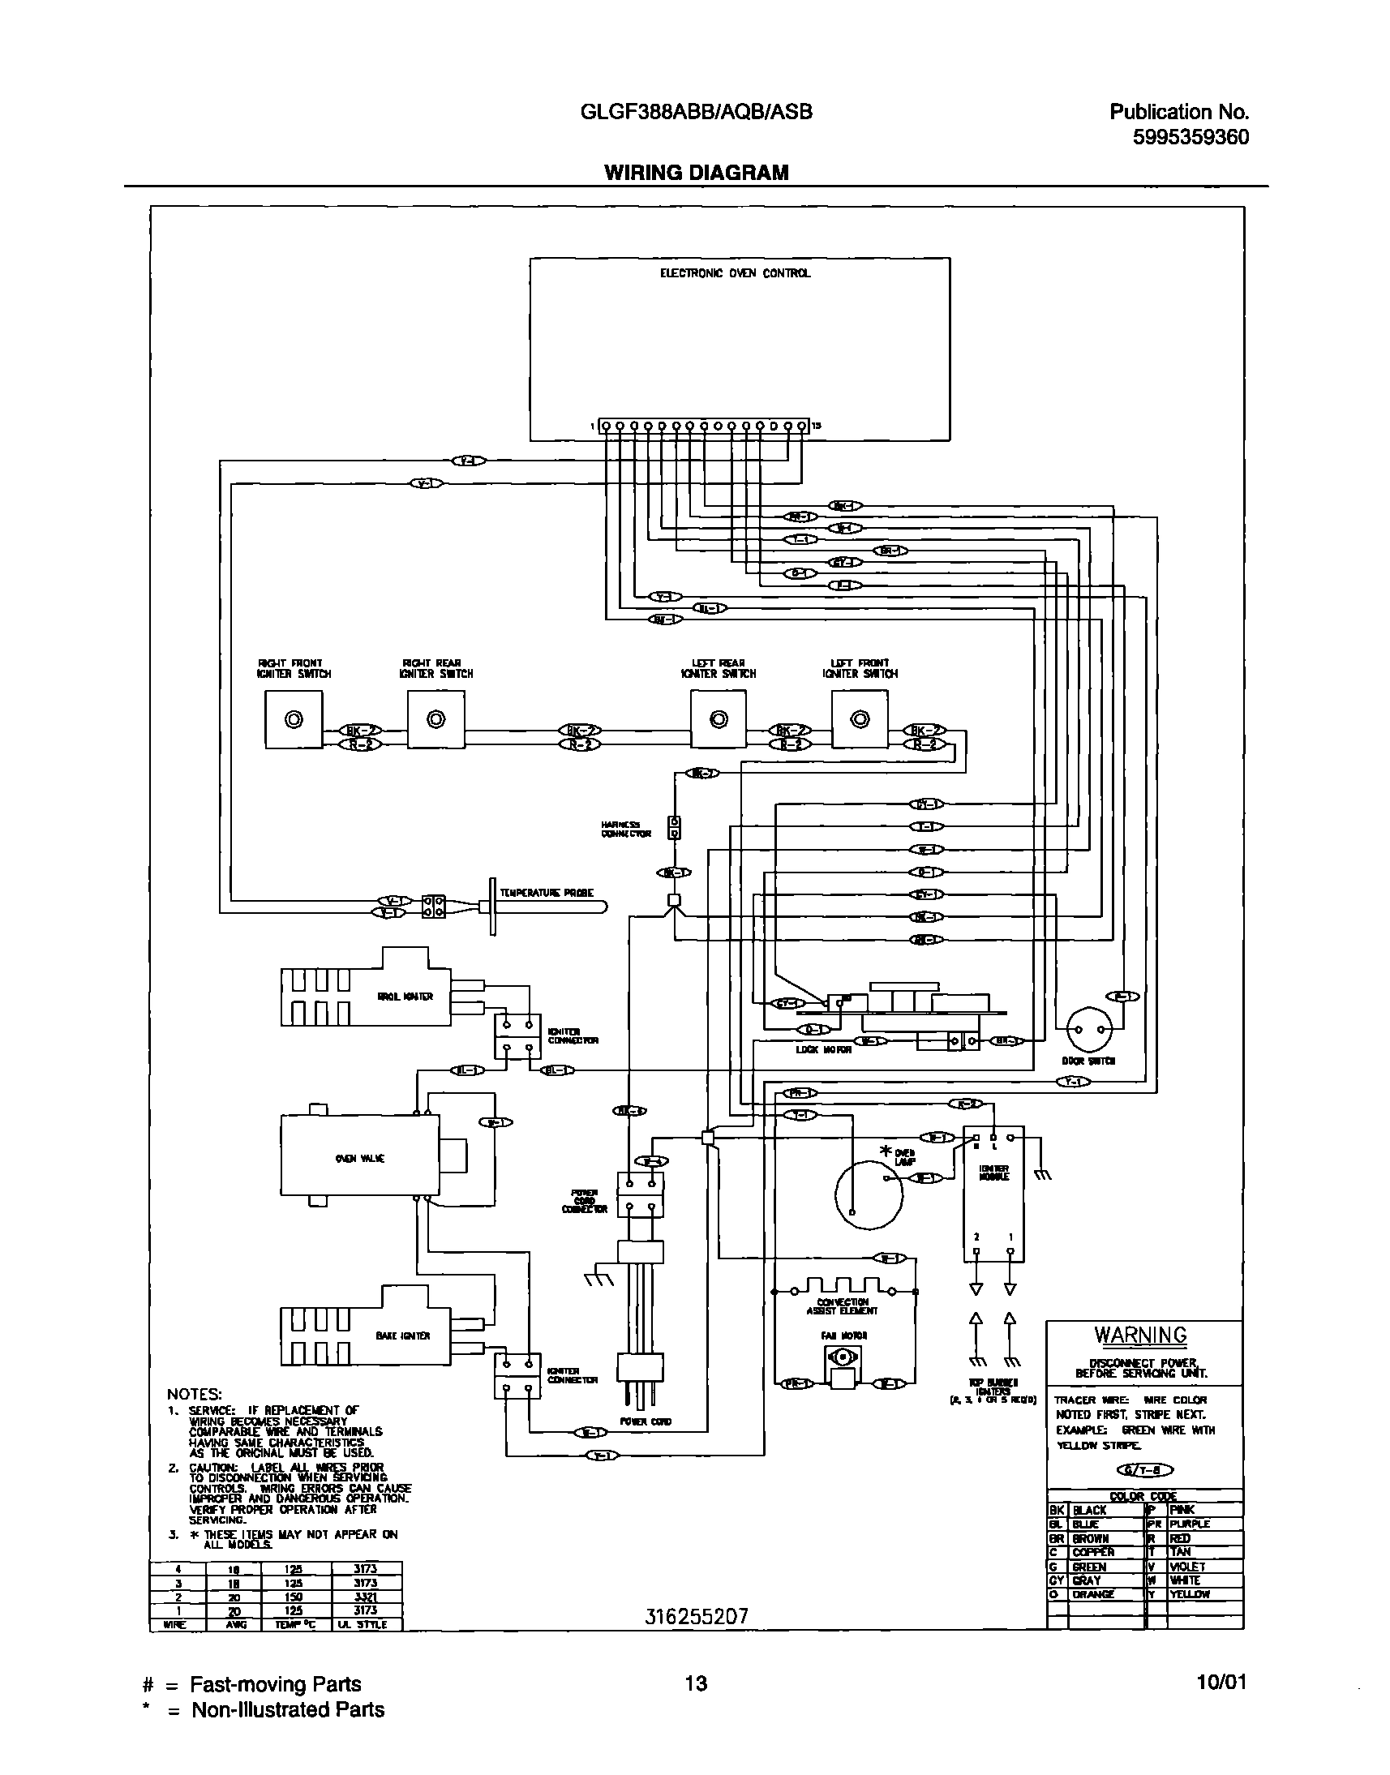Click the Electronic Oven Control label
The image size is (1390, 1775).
[735, 273]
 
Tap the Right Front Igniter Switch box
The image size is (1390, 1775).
[294, 719]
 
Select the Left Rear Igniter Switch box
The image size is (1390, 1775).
[718, 719]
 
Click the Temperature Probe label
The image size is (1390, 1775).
[546, 893]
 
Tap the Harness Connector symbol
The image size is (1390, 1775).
[674, 828]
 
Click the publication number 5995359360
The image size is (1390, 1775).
[1191, 137]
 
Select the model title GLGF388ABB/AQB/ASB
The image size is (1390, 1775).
[696, 113]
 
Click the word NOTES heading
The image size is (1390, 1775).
[194, 1394]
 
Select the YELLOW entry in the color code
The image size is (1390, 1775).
[1190, 1594]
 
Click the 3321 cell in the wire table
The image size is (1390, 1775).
[366, 1597]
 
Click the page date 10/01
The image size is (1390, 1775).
[1221, 1683]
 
